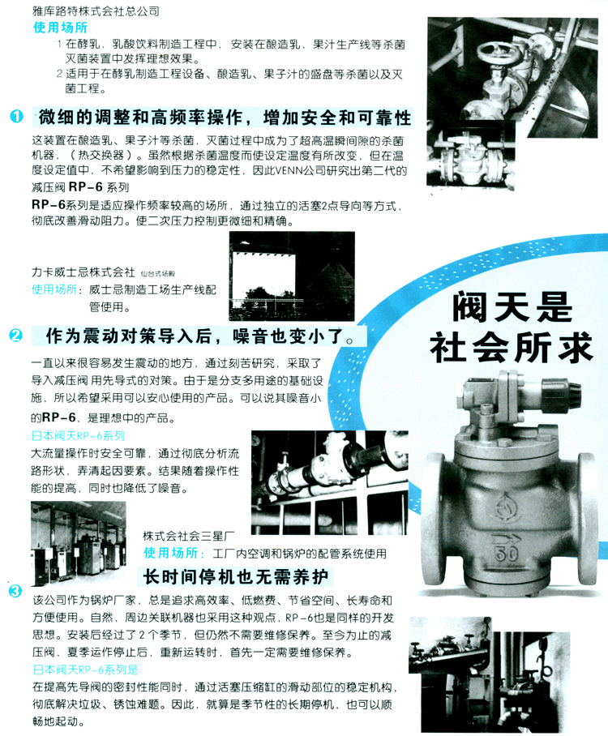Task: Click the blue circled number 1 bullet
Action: point(16,116)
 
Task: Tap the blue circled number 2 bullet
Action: point(15,335)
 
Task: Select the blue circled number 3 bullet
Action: point(15,590)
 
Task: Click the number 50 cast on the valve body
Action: point(506,554)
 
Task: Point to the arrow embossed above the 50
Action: point(505,538)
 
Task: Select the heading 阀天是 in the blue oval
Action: point(512,306)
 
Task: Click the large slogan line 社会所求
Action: point(512,348)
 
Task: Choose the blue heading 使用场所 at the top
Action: point(61,28)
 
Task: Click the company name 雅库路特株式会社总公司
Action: point(96,11)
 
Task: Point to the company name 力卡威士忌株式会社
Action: point(83,272)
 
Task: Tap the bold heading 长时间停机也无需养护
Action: point(235,577)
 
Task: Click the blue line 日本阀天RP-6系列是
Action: point(85,670)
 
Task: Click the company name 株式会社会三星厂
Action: point(188,536)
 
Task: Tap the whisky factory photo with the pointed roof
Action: point(292,276)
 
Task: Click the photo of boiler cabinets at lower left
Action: point(79,544)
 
